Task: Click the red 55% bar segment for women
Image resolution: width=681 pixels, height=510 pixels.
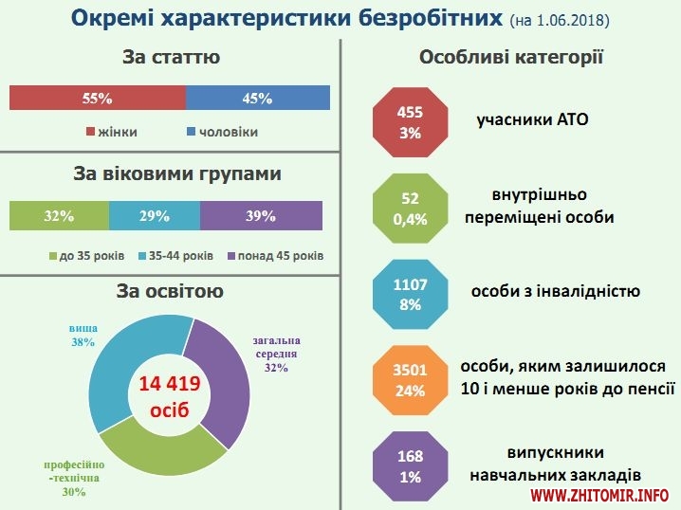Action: point(97,98)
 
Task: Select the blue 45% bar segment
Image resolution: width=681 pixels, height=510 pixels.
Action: point(258,98)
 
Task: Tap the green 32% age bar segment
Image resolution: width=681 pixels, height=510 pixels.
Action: point(59,216)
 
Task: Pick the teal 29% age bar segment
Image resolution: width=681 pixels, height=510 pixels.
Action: point(155,216)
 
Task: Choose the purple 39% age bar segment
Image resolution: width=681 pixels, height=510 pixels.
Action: point(261,216)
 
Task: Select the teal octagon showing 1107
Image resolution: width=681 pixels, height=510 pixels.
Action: point(410,294)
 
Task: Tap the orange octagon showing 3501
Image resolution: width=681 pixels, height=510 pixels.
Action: point(410,379)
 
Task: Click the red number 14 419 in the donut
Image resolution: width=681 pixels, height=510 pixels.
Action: point(170,384)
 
